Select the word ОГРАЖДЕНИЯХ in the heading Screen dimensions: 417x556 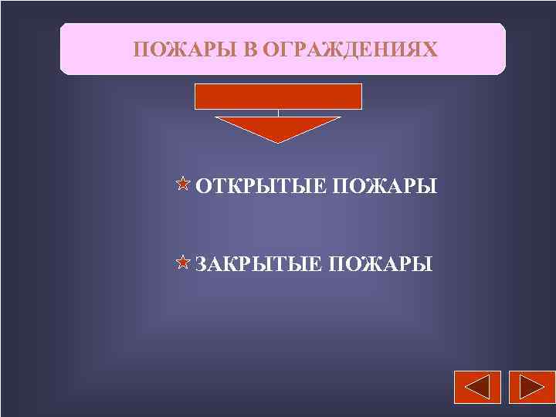349,50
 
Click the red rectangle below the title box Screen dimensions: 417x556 278,96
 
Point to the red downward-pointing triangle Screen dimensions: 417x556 278,127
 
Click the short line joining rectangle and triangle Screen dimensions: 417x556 278,113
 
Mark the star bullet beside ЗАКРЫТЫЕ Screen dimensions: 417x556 182,263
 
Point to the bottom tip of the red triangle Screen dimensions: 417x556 278,142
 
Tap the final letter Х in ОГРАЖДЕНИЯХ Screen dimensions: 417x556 429,50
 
